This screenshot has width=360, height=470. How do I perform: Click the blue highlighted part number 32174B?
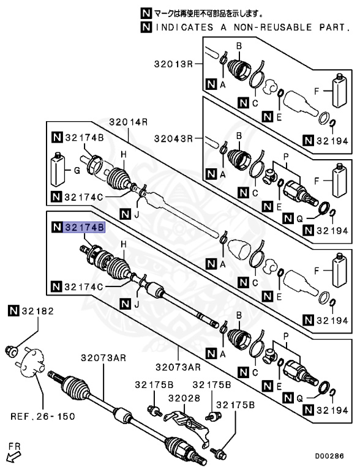pos(84,228)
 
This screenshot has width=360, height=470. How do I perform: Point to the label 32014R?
pos(129,122)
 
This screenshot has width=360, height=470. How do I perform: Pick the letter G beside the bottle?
pos(77,172)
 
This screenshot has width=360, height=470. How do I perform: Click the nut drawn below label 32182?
pos(12,351)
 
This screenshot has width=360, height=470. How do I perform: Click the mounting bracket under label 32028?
pos(187,423)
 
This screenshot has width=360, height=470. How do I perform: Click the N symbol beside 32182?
pos(13,311)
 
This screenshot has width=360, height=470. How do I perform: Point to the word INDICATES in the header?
pos(182,28)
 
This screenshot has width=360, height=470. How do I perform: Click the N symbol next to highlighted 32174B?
pos(56,228)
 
